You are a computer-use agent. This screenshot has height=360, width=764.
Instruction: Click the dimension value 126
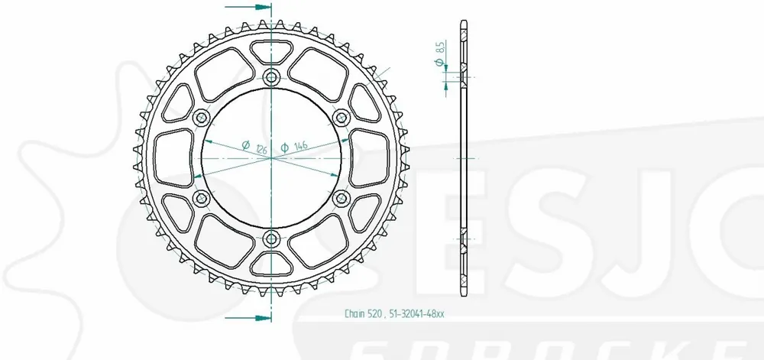click(261, 147)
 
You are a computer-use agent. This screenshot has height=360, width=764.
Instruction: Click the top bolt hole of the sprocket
click(272, 76)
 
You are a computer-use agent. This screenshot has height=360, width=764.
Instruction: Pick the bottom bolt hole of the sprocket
click(272, 240)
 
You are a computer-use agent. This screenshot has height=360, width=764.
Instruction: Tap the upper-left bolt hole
click(202, 117)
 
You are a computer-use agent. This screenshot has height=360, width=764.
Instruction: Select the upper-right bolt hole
click(342, 117)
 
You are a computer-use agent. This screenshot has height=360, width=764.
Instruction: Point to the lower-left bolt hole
click(202, 199)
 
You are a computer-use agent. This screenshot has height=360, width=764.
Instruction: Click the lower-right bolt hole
click(342, 199)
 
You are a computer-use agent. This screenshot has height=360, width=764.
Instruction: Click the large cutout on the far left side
click(170, 157)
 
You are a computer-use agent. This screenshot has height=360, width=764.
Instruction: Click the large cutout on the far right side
click(374, 157)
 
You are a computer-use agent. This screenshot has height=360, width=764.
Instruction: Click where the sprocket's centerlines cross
click(272, 158)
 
